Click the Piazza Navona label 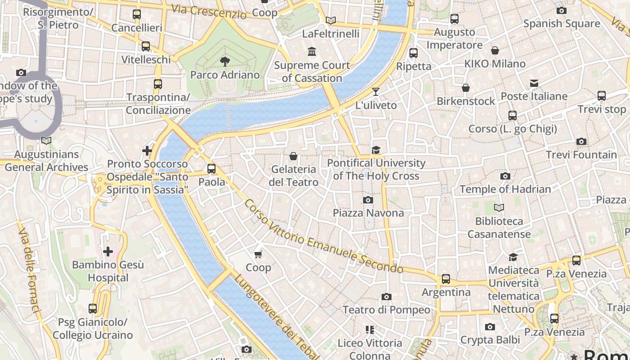(x=368, y=213)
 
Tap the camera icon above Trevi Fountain (x=581, y=142)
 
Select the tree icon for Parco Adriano (x=225, y=61)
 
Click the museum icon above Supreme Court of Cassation (x=312, y=52)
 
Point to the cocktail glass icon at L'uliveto (x=376, y=92)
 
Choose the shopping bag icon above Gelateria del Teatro (x=293, y=156)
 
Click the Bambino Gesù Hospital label (x=108, y=271)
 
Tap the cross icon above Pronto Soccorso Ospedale (x=147, y=151)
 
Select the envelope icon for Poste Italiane (x=534, y=83)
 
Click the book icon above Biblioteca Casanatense (x=499, y=207)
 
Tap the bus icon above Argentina (x=445, y=279)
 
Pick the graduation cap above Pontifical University (x=376, y=150)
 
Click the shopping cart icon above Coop (x=258, y=255)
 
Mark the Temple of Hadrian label (x=505, y=189)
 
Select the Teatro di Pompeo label (x=386, y=310)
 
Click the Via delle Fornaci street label (x=29, y=270)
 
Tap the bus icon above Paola (x=211, y=169)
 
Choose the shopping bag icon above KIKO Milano (x=495, y=50)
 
